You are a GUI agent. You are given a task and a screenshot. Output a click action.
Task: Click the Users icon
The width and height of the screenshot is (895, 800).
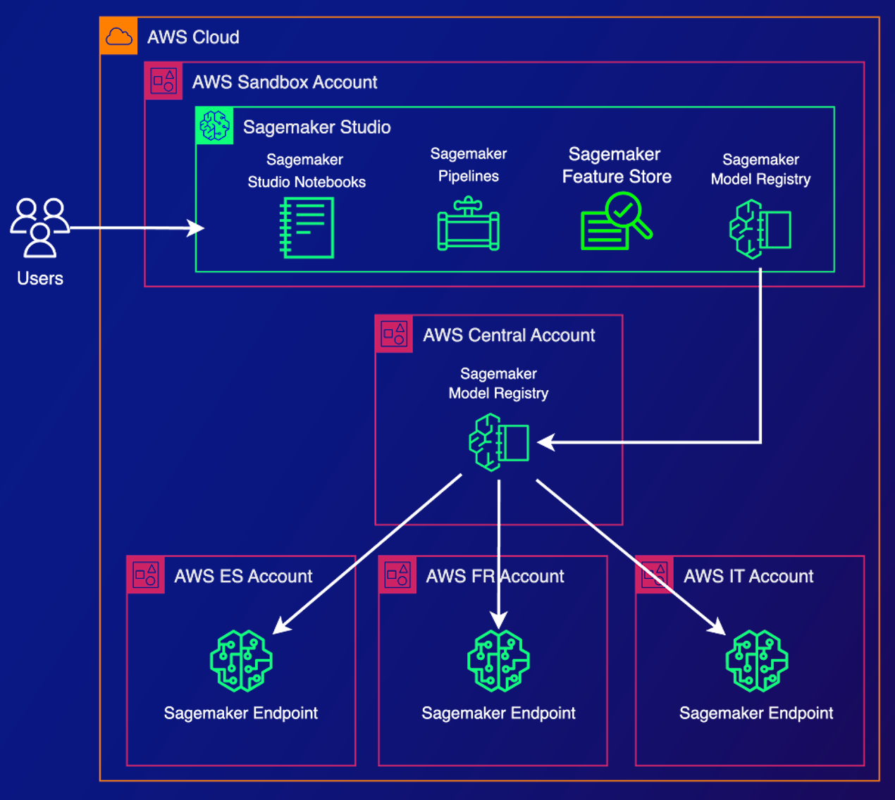pyautogui.click(x=39, y=227)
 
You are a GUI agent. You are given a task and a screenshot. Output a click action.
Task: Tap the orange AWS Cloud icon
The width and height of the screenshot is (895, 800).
pyautogui.click(x=118, y=37)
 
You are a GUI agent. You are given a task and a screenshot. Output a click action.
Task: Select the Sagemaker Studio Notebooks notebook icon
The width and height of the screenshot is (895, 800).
pyautogui.click(x=307, y=227)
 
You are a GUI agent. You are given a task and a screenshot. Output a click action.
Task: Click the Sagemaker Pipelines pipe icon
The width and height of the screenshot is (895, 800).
pyautogui.click(x=469, y=225)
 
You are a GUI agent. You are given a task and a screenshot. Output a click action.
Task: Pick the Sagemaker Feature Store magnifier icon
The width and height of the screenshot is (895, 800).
pyautogui.click(x=616, y=221)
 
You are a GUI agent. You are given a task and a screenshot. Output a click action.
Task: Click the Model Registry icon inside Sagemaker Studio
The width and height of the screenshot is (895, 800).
pyautogui.click(x=760, y=229)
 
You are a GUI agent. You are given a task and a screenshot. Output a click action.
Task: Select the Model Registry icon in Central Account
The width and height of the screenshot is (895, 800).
pyautogui.click(x=499, y=442)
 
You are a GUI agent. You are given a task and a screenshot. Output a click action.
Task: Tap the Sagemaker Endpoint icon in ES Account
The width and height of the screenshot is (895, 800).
pyautogui.click(x=241, y=661)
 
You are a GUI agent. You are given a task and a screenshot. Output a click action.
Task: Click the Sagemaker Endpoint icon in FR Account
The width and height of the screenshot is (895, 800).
pyautogui.click(x=498, y=661)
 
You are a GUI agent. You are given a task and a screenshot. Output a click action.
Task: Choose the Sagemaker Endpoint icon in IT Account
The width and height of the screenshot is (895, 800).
pyautogui.click(x=757, y=661)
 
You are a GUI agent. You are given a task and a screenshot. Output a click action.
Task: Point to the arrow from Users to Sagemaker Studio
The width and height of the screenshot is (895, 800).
pyautogui.click(x=134, y=228)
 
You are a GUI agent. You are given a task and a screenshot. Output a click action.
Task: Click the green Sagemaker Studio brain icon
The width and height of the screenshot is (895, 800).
pyautogui.click(x=214, y=126)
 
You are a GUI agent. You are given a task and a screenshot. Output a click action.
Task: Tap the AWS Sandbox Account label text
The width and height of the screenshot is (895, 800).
pyautogui.click(x=285, y=82)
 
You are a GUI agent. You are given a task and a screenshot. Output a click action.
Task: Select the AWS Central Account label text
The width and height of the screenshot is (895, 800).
pyautogui.click(x=509, y=335)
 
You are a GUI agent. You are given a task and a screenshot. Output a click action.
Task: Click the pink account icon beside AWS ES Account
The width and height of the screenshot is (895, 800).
pyautogui.click(x=146, y=575)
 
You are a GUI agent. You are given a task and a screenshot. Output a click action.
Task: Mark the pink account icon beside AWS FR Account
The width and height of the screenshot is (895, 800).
pyautogui.click(x=397, y=575)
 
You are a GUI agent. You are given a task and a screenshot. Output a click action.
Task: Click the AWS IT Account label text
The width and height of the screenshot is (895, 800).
pyautogui.click(x=748, y=576)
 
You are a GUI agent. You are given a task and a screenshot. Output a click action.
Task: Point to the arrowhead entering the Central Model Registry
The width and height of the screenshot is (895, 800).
pyautogui.click(x=546, y=442)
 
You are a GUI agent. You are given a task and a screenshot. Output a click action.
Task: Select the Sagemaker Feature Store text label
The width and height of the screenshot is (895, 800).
pyautogui.click(x=616, y=165)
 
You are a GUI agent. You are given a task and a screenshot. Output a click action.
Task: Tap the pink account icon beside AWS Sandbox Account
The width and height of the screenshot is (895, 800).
pyautogui.click(x=163, y=81)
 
